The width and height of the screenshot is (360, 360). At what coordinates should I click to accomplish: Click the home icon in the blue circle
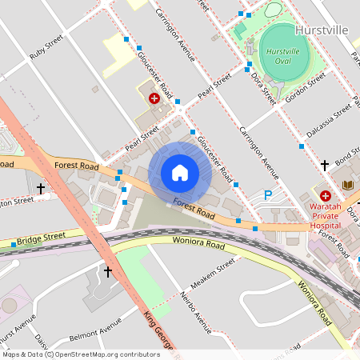coord(180,173)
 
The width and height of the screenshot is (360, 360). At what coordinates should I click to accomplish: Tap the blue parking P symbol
coord(269,195)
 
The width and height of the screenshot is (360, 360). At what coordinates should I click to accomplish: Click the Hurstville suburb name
coord(321,30)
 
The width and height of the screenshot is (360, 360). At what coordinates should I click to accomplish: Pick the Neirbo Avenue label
coord(194,312)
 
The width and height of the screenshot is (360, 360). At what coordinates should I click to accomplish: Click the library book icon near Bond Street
coord(347,186)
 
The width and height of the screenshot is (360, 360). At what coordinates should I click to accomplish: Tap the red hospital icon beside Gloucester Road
coord(154,98)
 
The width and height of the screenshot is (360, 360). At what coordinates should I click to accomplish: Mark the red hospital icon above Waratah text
coord(326,195)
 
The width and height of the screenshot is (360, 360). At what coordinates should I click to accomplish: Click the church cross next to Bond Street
coord(324,165)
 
